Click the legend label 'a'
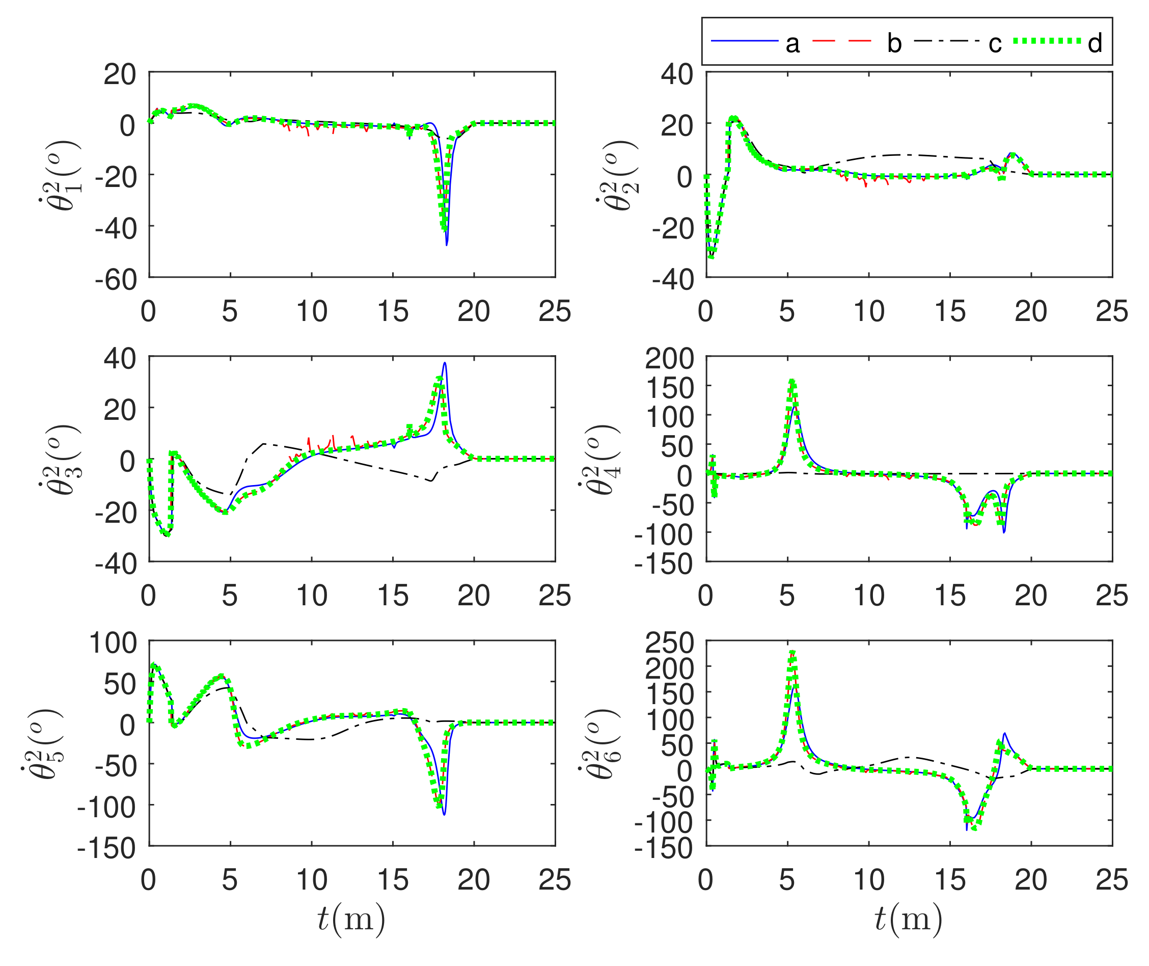pyautogui.click(x=792, y=43)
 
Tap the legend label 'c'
pyautogui.click(x=995, y=43)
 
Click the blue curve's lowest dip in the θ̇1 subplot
pyautogui.click(x=447, y=244)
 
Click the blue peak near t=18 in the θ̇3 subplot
pyautogui.click(x=445, y=363)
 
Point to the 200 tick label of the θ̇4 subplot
pyautogui.click(x=669, y=359)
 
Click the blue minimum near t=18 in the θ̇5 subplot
pyautogui.click(x=444, y=814)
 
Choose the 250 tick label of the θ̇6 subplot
pyautogui.click(x=669, y=643)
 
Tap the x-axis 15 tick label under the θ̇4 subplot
pyautogui.click(x=950, y=595)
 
